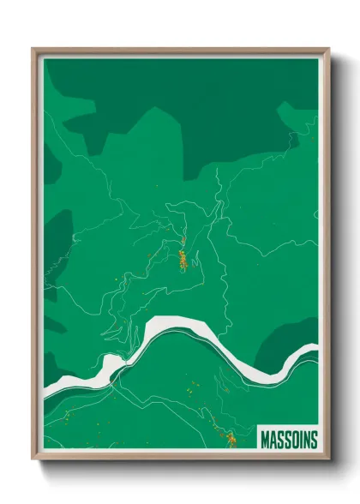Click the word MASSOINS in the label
287,440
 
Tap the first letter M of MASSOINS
263,440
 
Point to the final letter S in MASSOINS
312,440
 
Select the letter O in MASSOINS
291,440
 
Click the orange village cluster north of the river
182,258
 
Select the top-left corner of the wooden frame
33,49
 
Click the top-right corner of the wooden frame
328,49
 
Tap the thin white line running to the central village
183,231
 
